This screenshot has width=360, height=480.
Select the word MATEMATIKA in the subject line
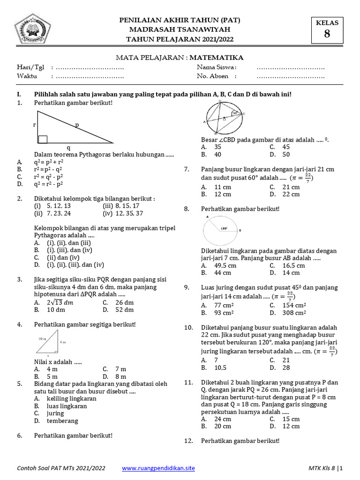pos(217,58)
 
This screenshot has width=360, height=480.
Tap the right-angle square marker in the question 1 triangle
pos(43,139)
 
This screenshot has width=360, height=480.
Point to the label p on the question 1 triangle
pos(77,125)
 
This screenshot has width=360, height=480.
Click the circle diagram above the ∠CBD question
pos(225,119)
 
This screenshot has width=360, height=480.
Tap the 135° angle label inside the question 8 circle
pos(224,228)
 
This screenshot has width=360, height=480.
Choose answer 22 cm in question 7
pos(291,195)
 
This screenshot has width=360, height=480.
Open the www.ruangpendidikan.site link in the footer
pos(158,468)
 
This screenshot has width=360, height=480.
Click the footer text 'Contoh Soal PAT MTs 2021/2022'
pos(61,468)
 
